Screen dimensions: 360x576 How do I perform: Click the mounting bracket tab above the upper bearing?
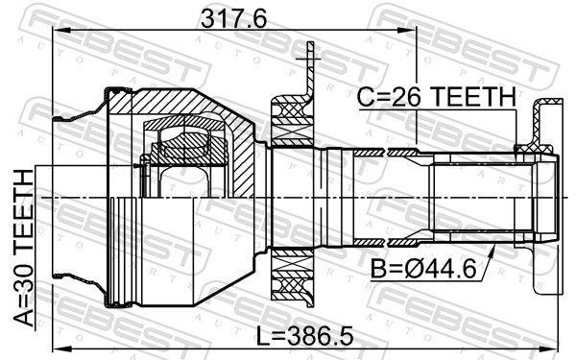[x=309, y=72]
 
